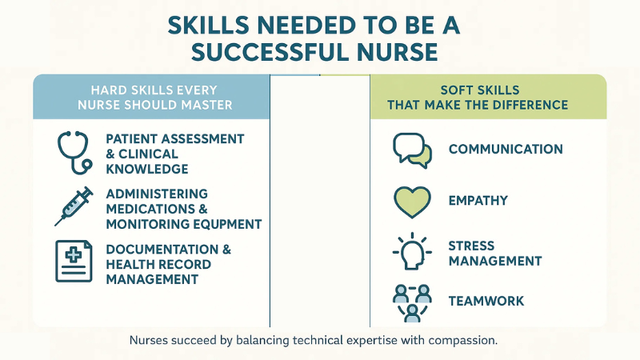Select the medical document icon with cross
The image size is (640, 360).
[74, 261]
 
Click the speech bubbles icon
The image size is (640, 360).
[412, 150]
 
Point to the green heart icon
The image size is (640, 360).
[412, 202]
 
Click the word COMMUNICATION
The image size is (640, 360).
[506, 150]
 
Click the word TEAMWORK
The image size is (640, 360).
[486, 302]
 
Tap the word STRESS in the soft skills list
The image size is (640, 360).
[471, 246]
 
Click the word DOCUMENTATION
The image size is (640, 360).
[163, 250]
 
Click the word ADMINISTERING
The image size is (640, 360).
[157, 194]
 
